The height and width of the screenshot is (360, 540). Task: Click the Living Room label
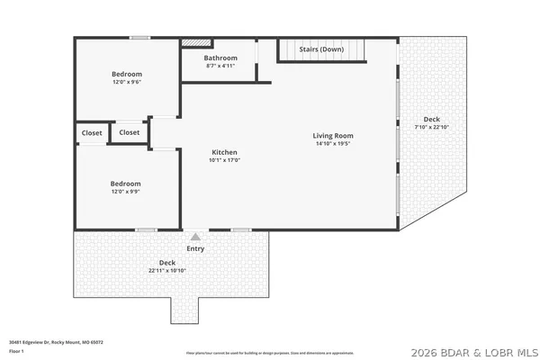(333, 135)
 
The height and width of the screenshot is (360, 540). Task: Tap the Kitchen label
(225, 151)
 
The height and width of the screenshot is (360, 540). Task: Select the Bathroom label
(220, 58)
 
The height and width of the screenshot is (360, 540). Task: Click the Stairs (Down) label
(321, 49)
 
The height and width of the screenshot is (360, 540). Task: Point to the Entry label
(195, 248)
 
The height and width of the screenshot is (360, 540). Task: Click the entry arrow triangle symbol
(195, 237)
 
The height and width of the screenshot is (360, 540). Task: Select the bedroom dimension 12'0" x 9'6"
(127, 82)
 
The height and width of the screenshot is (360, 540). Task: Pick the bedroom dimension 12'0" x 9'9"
(126, 191)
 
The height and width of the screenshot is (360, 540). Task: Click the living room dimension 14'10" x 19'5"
(333, 143)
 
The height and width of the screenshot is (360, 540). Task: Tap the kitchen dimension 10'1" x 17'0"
(225, 160)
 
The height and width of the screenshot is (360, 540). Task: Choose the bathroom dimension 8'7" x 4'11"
(220, 66)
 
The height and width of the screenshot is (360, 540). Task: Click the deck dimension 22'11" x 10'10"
(168, 270)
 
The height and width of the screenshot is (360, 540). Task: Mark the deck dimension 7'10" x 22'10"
(432, 127)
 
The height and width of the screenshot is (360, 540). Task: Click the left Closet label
(92, 132)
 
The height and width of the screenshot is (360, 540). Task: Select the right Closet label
(130, 132)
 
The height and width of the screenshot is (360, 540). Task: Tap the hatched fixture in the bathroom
(195, 41)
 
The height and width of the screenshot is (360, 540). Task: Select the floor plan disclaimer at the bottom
(270, 354)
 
